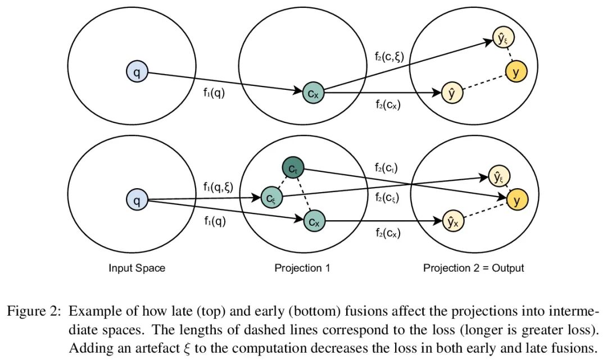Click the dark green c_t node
click(x=292, y=168)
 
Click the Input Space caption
click(x=137, y=268)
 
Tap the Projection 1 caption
click(x=302, y=268)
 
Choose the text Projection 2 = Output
click(x=473, y=268)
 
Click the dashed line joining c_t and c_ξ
click(x=282, y=183)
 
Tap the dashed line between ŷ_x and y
click(x=485, y=211)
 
